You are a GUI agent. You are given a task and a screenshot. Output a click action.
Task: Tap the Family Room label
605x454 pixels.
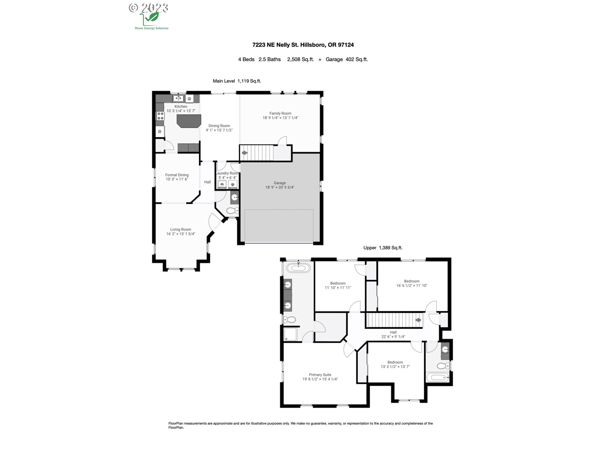tap(280, 113)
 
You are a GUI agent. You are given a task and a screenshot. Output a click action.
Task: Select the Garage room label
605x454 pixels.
tap(280, 183)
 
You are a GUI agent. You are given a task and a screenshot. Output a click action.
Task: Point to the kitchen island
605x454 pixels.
tap(189, 121)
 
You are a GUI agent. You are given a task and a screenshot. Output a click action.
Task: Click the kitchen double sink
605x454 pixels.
tap(178, 99)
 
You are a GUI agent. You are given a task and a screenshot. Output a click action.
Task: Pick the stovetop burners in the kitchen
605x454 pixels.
tap(160, 116)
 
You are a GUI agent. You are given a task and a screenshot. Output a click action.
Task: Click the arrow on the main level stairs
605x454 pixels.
tap(245, 153)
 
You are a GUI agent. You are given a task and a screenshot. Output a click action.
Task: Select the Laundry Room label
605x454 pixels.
tap(227, 173)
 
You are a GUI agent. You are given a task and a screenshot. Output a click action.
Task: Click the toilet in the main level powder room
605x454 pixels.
tap(233, 210)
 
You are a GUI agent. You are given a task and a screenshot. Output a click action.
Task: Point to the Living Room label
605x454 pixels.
tap(181, 230)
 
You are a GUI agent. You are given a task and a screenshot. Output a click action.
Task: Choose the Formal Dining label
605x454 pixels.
tap(177, 175)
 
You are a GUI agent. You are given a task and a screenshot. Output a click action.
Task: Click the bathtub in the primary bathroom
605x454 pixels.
tap(298, 268)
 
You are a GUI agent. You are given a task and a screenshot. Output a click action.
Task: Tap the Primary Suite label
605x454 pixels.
tap(320, 375)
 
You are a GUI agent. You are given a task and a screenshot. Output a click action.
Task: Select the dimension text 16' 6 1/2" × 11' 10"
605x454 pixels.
tap(412, 286)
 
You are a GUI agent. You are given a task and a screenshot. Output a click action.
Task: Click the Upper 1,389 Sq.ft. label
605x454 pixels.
tap(383, 248)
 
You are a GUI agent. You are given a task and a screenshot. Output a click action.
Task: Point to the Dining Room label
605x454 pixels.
tap(219, 126)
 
